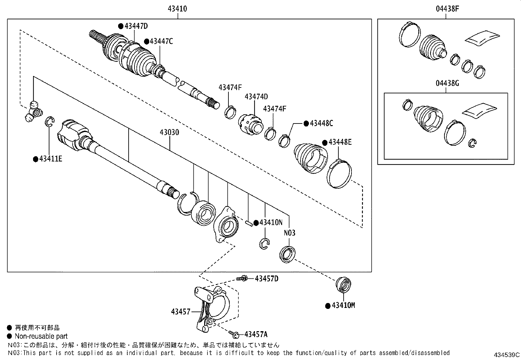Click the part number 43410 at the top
[x=177, y=9]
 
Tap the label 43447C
[x=161, y=41]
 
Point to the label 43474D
[x=256, y=96]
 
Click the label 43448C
[x=321, y=123]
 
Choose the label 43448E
[x=340, y=142]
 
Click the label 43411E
[x=50, y=159]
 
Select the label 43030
[x=170, y=132]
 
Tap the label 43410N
[x=271, y=222]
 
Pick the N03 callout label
[x=289, y=233]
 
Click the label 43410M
[x=343, y=305]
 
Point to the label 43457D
[x=266, y=278]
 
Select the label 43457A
[x=256, y=334]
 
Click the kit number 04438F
[x=447, y=9]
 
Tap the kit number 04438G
[x=447, y=83]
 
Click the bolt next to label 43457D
[x=242, y=278]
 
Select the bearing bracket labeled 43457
[x=209, y=308]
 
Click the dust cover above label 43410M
[x=344, y=284]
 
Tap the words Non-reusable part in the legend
[x=41, y=336]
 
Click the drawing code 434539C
[x=507, y=355]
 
